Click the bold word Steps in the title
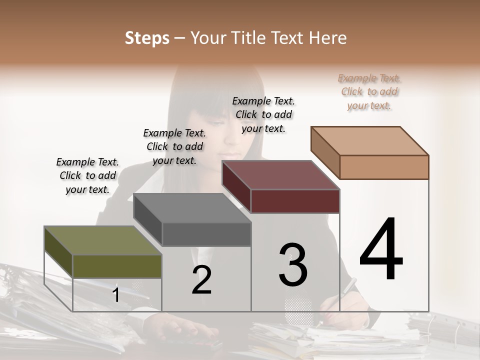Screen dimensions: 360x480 click(x=147, y=38)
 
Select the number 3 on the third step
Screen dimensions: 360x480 click(x=292, y=265)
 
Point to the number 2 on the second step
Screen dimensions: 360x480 click(x=201, y=280)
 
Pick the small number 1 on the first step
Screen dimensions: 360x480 click(x=115, y=295)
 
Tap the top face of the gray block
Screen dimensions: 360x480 click(x=191, y=208)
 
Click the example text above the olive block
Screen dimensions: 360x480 click(x=87, y=175)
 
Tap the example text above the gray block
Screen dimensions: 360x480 click(x=174, y=146)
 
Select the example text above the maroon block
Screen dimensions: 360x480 click(x=263, y=114)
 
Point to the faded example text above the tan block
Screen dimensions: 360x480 click(x=369, y=91)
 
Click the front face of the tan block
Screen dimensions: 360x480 click(x=384, y=167)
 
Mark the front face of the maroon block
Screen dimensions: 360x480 click(x=295, y=201)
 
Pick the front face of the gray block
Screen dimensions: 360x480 click(x=206, y=234)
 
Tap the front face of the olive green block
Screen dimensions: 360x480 click(x=117, y=266)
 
